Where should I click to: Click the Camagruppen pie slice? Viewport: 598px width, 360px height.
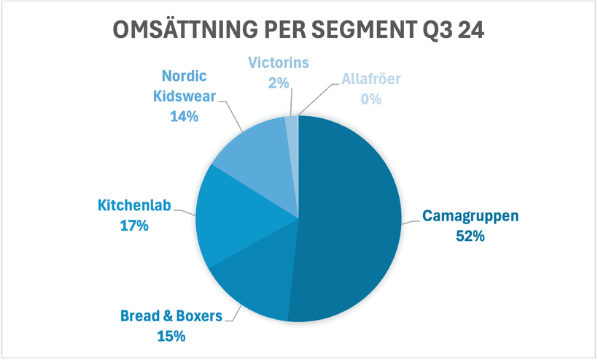(x=350, y=219)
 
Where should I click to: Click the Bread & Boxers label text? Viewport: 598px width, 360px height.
(x=171, y=317)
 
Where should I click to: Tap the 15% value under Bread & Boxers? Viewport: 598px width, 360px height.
(x=171, y=336)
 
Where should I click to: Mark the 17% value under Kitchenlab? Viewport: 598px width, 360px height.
(x=133, y=226)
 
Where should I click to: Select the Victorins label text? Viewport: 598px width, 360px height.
(x=277, y=63)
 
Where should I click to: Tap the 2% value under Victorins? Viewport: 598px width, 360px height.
(x=277, y=83)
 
